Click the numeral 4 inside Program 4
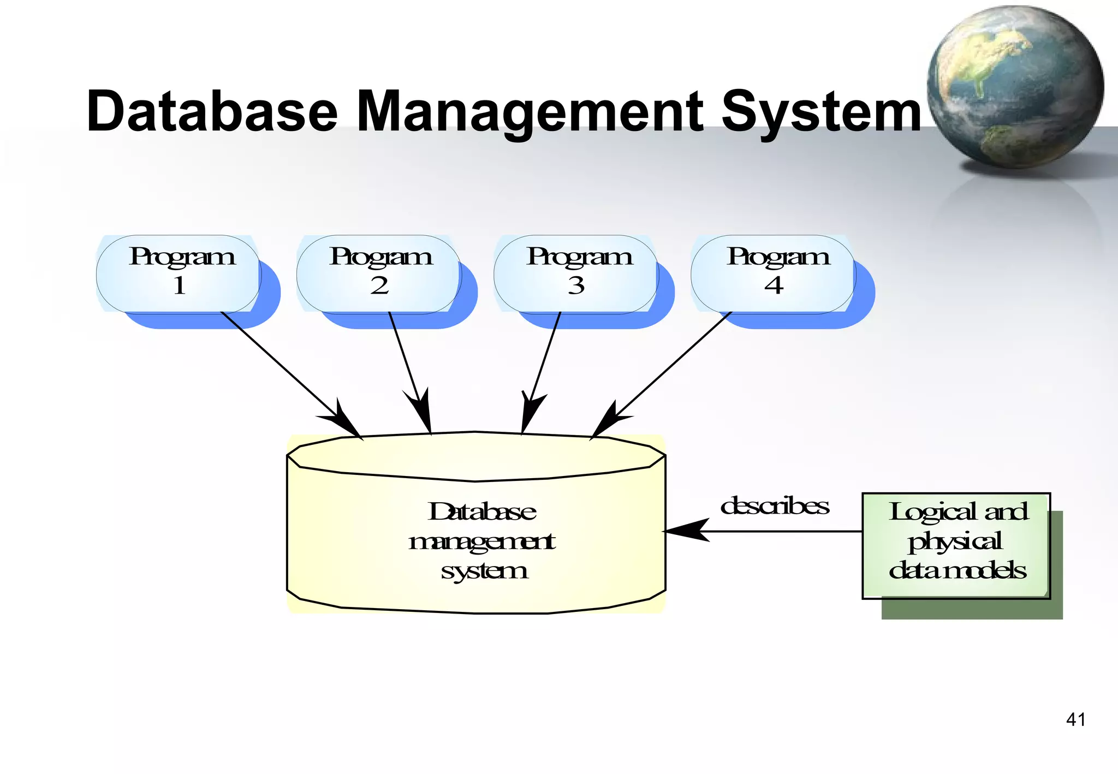774,285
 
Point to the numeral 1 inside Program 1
180,285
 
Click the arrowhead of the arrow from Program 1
347,423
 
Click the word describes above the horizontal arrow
774,506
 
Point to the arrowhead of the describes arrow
685,531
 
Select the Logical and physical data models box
956,546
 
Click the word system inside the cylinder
484,571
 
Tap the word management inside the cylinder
481,541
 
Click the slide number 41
1075,719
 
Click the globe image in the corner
1015,87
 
